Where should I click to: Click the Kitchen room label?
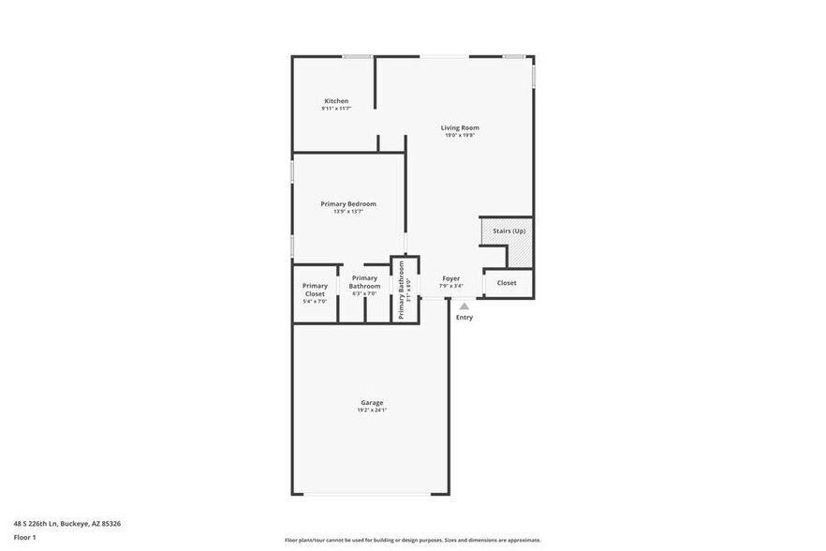336,101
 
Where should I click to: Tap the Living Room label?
460,127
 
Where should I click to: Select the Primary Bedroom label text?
347,203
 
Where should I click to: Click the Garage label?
371,402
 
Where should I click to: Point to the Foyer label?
450,278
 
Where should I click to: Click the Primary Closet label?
315,290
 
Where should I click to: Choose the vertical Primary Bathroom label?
402,290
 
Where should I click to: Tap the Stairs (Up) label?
509,230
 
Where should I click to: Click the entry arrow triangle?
464,305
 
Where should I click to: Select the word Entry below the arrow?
465,318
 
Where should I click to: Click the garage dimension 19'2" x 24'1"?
371,410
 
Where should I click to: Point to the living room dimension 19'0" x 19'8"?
460,136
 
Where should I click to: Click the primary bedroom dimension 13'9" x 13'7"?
347,212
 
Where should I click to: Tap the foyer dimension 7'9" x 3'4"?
450,286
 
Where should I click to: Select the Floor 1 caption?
24,537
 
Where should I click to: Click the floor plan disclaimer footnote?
412,540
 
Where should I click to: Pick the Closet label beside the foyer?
507,283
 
